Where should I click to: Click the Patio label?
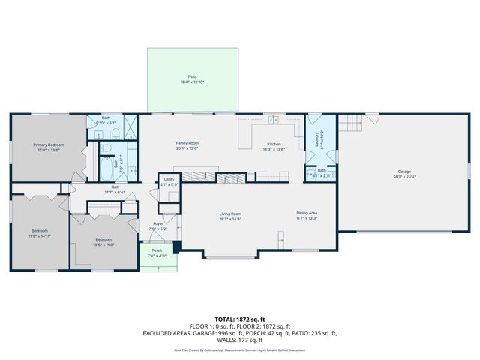point(192,77)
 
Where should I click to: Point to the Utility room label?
point(169,180)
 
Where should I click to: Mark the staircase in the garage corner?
point(349,123)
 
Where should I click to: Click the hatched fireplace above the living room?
point(199,177)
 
